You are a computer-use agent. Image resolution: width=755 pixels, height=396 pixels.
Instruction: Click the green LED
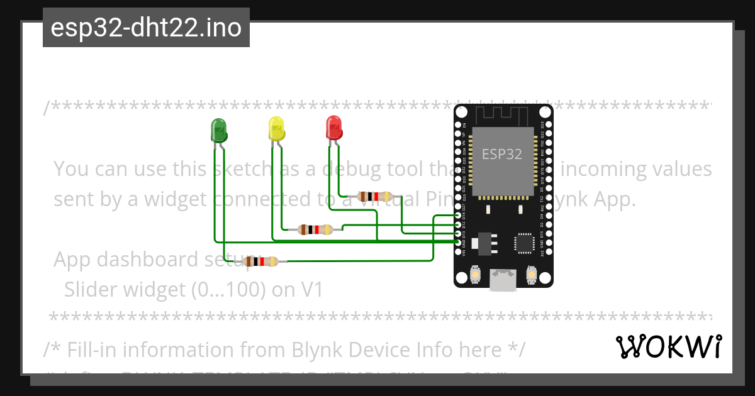218,129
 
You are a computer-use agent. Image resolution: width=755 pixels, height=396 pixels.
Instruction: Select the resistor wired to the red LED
375,197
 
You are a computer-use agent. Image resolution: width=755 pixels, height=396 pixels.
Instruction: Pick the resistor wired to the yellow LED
315,229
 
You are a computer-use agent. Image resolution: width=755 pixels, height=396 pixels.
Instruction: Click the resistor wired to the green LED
261,261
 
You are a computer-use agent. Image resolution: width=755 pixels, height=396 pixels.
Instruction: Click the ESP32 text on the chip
502,154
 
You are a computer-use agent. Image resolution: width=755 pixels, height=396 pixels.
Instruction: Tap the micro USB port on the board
503,279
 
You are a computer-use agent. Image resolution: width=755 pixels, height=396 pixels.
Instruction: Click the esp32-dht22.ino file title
146,28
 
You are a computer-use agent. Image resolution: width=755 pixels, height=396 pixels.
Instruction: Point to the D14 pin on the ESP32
458,216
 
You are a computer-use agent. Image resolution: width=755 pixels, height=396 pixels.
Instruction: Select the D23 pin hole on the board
549,125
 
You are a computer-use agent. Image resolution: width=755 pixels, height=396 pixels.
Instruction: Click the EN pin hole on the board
458,125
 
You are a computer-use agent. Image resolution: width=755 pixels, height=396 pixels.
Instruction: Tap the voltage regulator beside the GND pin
484,243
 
